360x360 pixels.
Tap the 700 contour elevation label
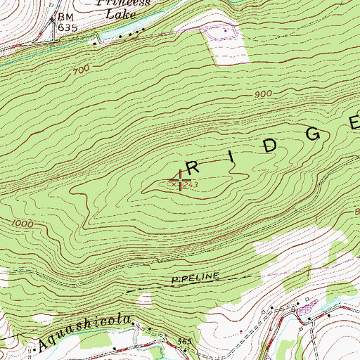point(80,70)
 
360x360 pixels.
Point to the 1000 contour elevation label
point(22,223)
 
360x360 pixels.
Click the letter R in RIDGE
point(198,166)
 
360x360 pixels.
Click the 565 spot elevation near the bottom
point(185,342)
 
